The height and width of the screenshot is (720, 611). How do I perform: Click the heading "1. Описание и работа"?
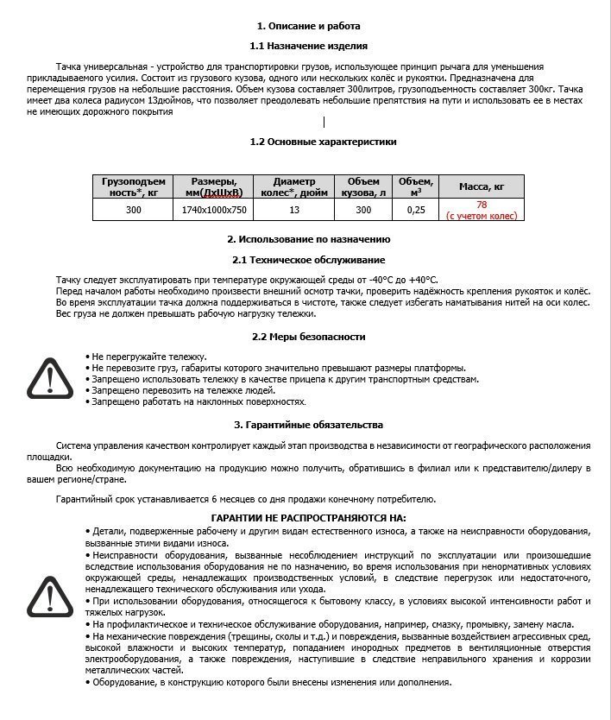click(x=308, y=27)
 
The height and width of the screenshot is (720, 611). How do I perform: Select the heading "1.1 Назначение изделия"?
click(x=308, y=46)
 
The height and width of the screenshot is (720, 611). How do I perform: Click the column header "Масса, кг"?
click(x=481, y=187)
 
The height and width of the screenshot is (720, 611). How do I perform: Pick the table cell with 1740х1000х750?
click(x=214, y=210)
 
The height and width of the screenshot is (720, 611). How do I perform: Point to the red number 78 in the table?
click(x=482, y=205)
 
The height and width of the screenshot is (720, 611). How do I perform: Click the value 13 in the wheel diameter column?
click(x=294, y=210)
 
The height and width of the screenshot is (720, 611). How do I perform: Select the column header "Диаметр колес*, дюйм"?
click(x=294, y=187)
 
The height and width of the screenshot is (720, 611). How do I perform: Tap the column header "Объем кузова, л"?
click(x=363, y=187)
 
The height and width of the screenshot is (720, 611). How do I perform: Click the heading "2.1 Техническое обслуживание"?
click(x=308, y=260)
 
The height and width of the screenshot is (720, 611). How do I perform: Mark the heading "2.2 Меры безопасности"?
click(x=308, y=337)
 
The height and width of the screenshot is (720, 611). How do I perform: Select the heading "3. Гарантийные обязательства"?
click(x=308, y=425)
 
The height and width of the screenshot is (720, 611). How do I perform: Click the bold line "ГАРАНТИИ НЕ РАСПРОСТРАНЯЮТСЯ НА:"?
click(x=308, y=517)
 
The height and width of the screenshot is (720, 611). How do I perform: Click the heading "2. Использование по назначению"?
click(x=308, y=239)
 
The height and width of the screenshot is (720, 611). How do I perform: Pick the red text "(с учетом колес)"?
click(x=482, y=216)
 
